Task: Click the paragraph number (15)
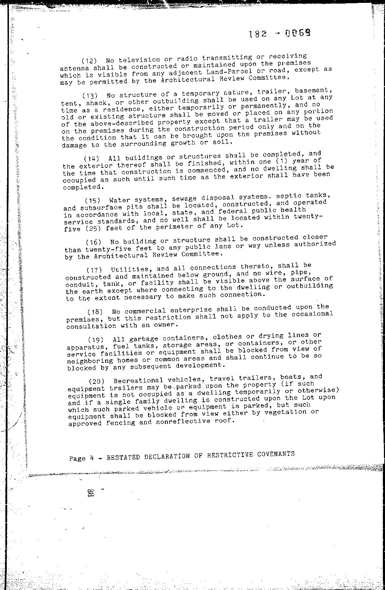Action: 93,200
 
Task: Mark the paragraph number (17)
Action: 94,269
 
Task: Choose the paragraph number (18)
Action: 96,311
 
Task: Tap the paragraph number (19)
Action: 96,339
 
